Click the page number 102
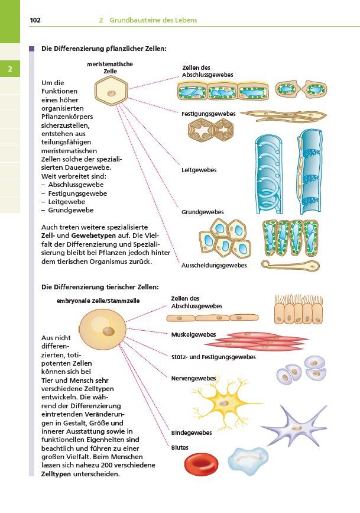(35, 20)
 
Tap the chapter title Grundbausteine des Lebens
(153, 20)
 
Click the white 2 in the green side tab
(10, 69)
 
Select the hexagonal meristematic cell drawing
(111, 91)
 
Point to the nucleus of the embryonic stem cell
(108, 331)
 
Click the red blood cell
(201, 464)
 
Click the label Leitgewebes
(199, 170)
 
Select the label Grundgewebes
(202, 212)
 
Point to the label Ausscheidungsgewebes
(214, 265)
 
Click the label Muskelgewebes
(193, 335)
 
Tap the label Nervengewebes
(193, 379)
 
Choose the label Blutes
(180, 447)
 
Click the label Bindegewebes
(192, 433)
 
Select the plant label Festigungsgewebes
(208, 114)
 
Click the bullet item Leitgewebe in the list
(67, 202)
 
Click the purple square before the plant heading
(32, 49)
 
